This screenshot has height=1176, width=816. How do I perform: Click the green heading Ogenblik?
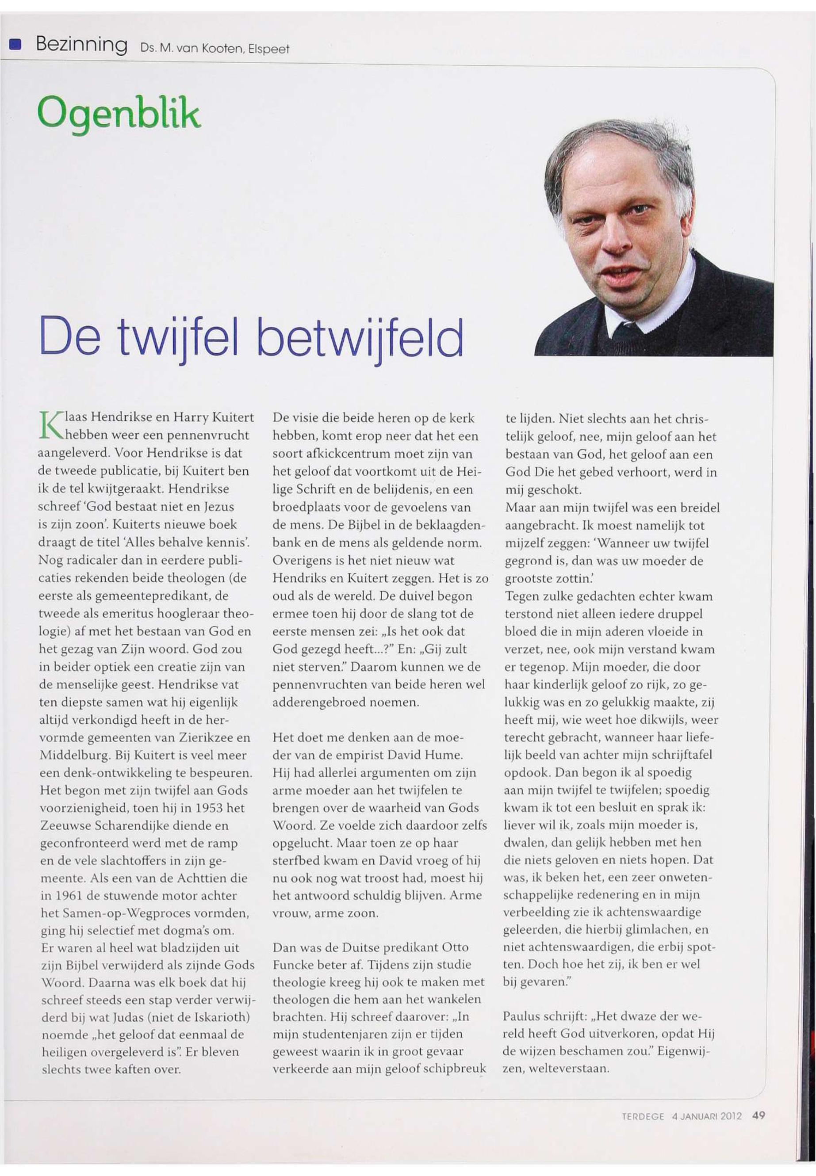click(x=119, y=114)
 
